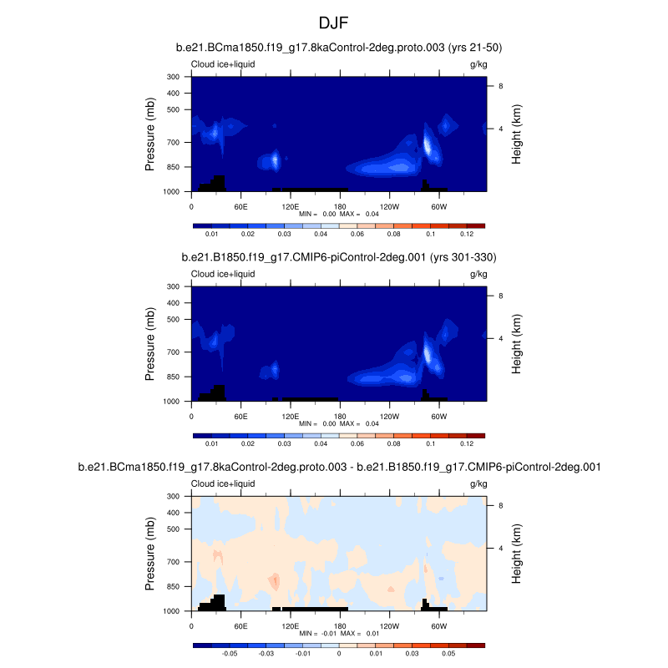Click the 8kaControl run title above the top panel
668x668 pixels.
click(x=339, y=48)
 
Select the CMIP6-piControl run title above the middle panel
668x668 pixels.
click(x=339, y=258)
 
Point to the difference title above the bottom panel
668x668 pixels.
click(x=339, y=468)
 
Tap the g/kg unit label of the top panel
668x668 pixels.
click(x=478, y=64)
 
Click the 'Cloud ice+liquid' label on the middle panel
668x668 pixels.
click(x=223, y=274)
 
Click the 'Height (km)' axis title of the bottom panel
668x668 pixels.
click(x=517, y=554)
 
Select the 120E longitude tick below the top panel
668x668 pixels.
click(x=291, y=206)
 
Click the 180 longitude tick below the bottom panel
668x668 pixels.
click(x=340, y=625)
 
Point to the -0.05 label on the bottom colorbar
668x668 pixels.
click(x=229, y=655)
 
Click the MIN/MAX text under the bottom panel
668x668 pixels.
click(x=339, y=634)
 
